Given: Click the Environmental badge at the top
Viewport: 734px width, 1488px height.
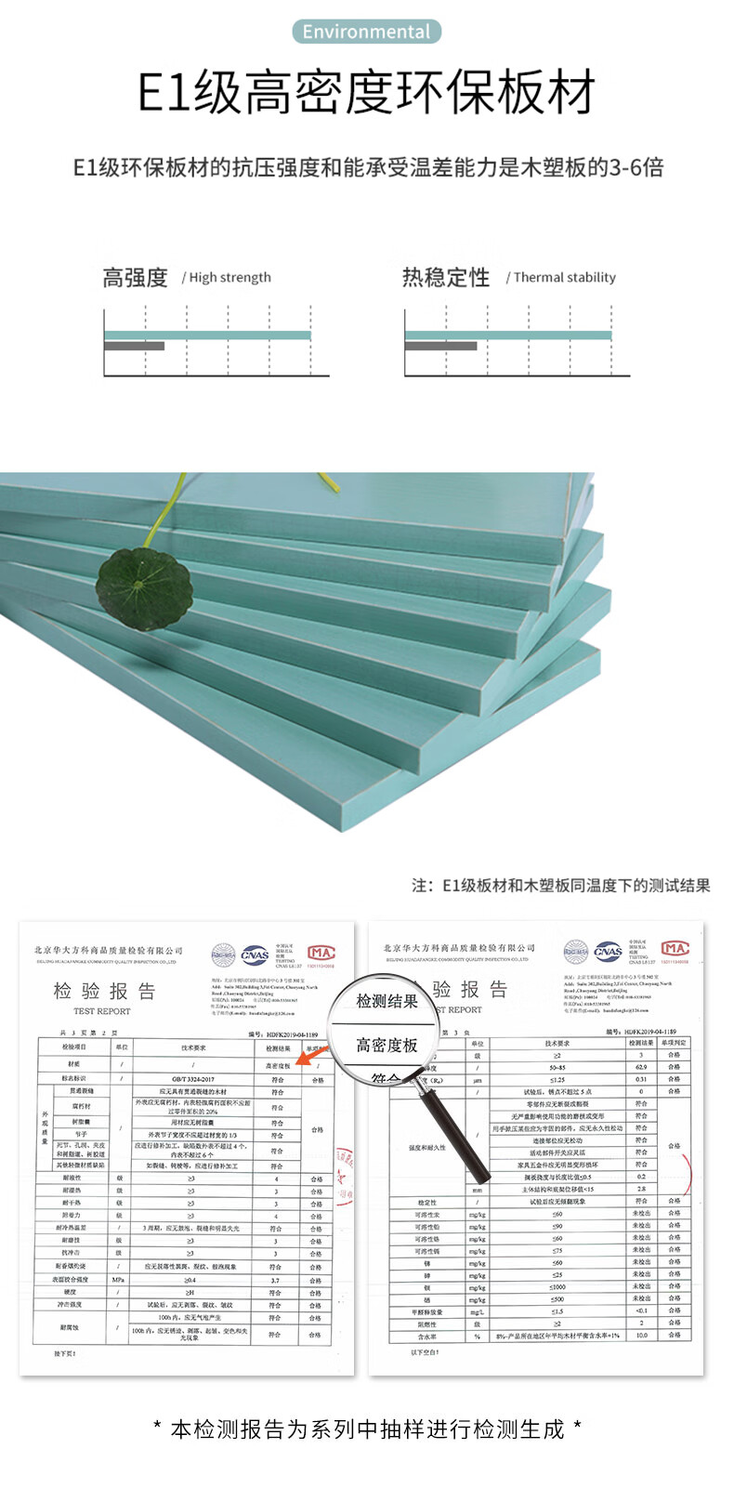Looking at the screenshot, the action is coord(366,32).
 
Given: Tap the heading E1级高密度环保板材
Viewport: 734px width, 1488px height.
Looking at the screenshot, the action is coord(366,91).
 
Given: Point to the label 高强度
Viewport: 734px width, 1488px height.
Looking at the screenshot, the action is coord(135,277).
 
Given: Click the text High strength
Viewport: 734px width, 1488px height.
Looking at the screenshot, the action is coord(229,277).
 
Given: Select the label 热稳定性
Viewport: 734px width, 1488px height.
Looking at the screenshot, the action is coord(445,277).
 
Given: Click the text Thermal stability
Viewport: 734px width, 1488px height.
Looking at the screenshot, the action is coord(564,277).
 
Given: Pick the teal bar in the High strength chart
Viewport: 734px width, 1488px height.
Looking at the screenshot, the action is coord(206,335).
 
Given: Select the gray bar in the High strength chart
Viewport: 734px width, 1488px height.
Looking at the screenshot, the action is coord(134,347).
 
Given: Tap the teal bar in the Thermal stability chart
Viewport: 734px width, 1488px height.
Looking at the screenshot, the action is coord(507,335).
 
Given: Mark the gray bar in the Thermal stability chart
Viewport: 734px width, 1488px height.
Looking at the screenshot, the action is coord(440,347).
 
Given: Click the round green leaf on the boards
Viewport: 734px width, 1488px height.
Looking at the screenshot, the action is coord(144,587).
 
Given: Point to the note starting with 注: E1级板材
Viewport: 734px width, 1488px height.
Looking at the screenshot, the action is coord(560,886).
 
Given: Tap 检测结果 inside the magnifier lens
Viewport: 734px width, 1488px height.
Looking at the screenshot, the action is coord(387,1001).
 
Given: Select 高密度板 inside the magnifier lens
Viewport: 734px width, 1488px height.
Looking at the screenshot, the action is coord(387,1046).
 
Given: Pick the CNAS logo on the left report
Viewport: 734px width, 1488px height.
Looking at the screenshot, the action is coord(254,955).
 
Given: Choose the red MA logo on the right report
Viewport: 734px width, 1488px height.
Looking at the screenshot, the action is coord(675,949).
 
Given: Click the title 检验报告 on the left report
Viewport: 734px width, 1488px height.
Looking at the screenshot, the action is coord(104,991).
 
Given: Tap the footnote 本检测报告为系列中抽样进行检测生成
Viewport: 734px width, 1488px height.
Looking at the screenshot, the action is coord(367,1429).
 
